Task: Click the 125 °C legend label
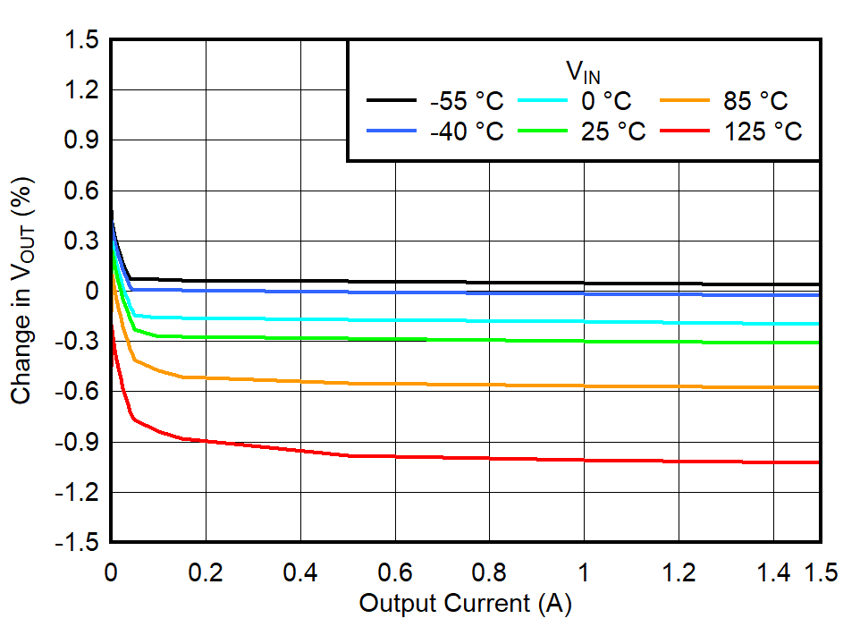pos(763,131)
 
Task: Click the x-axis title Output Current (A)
pos(465,604)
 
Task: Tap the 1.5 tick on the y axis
pos(81,40)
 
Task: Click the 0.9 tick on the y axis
pos(81,140)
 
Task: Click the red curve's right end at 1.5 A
pos(818,462)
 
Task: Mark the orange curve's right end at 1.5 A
pos(818,387)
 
